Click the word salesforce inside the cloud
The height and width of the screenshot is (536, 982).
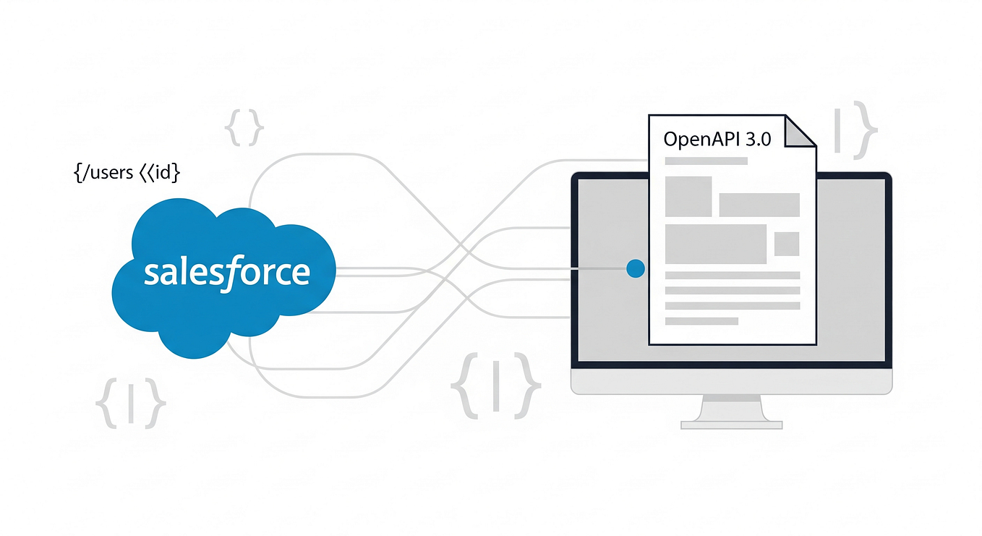[226, 273]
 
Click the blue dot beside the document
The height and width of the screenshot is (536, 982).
[635, 269]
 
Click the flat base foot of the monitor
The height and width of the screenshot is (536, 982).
[731, 425]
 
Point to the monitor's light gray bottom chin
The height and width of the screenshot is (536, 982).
[731, 381]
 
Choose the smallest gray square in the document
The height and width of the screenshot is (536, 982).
[786, 244]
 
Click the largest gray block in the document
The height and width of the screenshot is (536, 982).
[715, 244]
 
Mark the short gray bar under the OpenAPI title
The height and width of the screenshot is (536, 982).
[706, 161]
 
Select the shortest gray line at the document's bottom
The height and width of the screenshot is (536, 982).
[701, 320]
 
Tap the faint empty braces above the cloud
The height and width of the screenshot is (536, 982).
[244, 129]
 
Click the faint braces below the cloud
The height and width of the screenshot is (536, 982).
[131, 401]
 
